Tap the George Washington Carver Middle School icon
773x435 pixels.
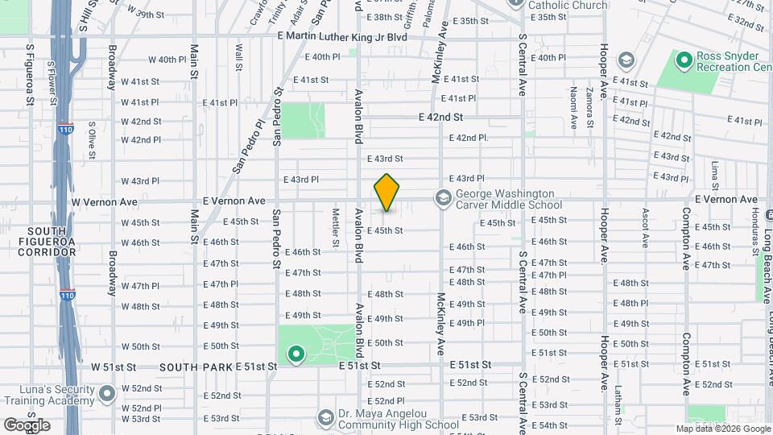442,197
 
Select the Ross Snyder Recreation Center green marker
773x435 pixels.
684,60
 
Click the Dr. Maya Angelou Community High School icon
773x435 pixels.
325,417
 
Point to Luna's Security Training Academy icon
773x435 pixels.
107,394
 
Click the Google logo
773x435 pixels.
27,425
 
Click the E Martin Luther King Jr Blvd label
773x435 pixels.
341,36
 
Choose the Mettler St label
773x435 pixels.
335,228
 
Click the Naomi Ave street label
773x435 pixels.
573,108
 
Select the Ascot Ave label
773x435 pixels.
645,227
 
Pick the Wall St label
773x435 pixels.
238,59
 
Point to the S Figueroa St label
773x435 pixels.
29,74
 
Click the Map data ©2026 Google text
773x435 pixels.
722,429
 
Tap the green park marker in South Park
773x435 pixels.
296,353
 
